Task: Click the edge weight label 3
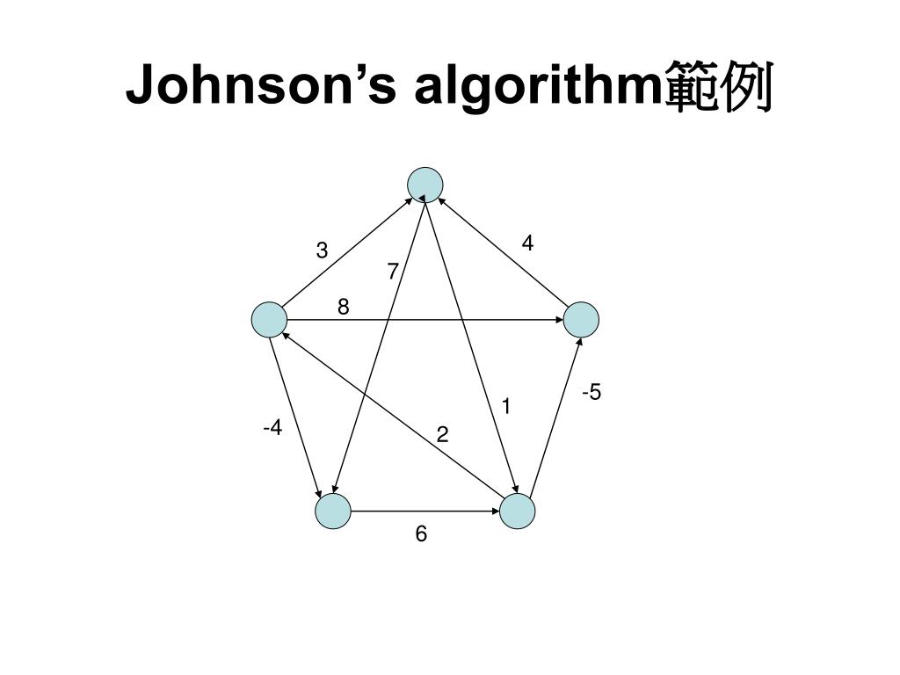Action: (323, 251)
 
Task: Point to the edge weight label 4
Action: (527, 243)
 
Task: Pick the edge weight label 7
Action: (393, 273)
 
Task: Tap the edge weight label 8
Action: (344, 307)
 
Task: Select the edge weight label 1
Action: (506, 406)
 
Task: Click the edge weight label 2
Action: (442, 434)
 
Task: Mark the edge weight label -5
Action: (592, 392)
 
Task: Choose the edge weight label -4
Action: (272, 428)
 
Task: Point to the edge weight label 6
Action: (422, 533)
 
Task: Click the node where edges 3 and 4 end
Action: (425, 185)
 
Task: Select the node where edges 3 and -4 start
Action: (269, 320)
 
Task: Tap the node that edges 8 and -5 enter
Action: (581, 320)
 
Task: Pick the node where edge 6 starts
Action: (333, 511)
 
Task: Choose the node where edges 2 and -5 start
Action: (518, 511)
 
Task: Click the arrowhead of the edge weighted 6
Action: (495, 511)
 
